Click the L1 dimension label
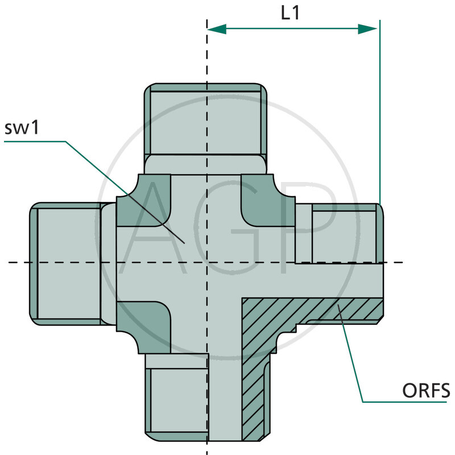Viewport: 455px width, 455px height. coord(290,13)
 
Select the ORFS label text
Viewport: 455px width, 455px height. coord(426,391)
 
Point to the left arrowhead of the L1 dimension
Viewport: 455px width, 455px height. coord(217,29)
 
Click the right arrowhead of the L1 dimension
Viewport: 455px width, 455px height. coord(367,29)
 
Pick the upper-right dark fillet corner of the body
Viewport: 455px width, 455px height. coord(268,200)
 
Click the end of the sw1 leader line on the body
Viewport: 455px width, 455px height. coord(184,243)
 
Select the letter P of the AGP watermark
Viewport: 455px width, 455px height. coord(308,228)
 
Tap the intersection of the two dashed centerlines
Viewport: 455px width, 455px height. coord(207,263)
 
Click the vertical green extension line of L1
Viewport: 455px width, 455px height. coord(380,112)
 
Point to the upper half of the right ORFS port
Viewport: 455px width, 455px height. coord(339,233)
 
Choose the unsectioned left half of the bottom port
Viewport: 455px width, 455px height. coord(176,398)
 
